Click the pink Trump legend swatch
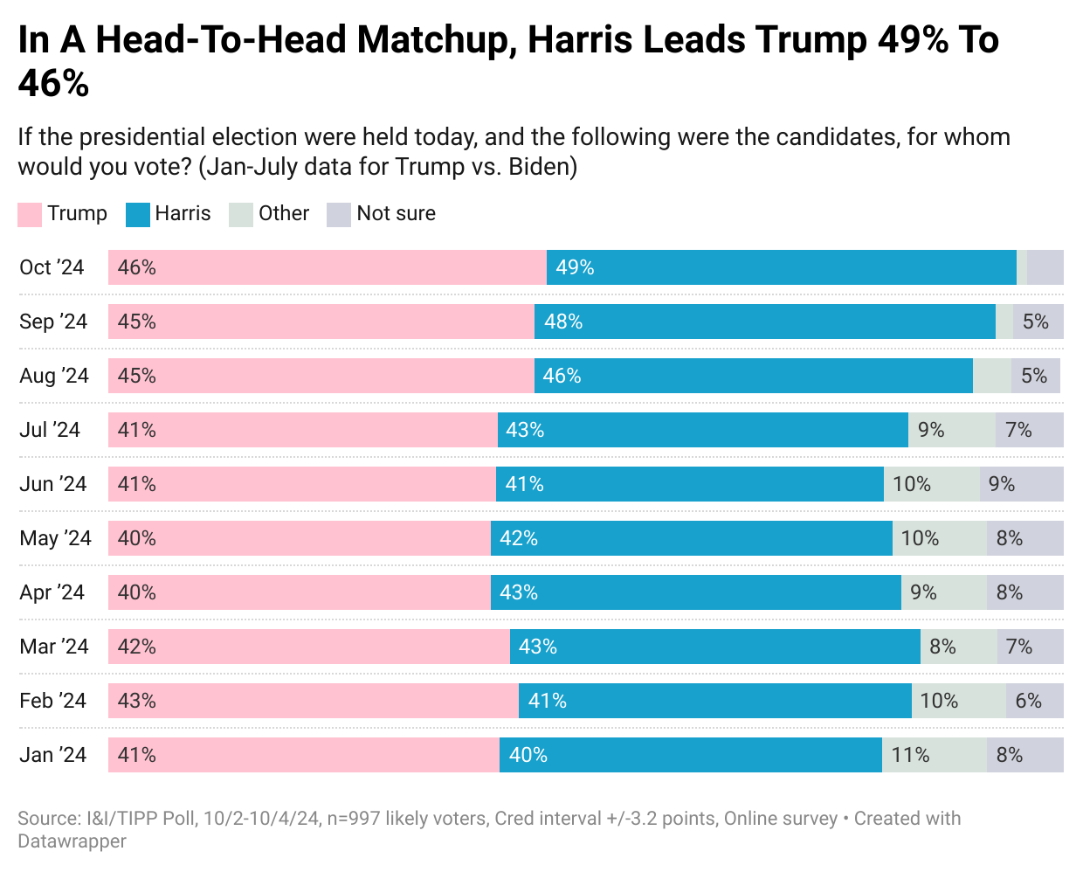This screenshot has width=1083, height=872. pos(30,215)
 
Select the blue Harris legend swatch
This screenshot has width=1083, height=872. pos(138,215)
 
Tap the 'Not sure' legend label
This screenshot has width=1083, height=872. pos(396,214)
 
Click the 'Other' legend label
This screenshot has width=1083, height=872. pos(284,214)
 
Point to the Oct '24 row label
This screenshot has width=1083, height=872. pos(52,267)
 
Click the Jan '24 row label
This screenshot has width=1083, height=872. pos(53,755)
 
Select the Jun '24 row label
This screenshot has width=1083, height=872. pos(53,484)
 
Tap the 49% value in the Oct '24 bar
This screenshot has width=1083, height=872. pos(575,267)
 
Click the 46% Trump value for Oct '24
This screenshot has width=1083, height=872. pos(137,267)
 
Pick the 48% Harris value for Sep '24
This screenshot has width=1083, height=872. pos(563,322)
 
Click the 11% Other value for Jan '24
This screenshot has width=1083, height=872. pos(910,755)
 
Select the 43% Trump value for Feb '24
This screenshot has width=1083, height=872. pos(137,701)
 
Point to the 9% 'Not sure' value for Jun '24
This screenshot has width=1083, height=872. pos(1002,484)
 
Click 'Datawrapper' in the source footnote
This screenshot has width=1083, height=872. pos(72,841)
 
